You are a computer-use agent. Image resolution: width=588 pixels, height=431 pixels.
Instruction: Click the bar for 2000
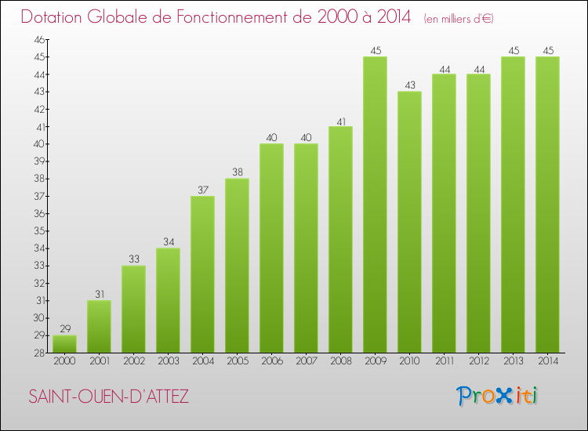(64, 344)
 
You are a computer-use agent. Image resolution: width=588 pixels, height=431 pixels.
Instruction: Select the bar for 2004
(202, 274)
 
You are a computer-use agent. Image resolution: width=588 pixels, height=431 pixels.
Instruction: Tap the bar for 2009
(375, 205)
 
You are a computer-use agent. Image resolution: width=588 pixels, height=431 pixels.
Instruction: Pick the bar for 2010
(409, 222)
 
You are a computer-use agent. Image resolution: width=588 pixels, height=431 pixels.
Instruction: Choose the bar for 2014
(547, 205)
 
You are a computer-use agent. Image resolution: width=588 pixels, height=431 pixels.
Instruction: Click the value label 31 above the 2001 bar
(99, 294)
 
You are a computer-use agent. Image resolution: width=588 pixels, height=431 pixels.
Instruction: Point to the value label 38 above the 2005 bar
(237, 172)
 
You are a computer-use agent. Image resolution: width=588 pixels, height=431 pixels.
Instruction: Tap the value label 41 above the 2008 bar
(340, 121)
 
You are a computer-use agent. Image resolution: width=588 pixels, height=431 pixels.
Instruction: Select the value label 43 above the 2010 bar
(409, 85)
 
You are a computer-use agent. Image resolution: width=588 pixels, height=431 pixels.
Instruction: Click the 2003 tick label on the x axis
(168, 361)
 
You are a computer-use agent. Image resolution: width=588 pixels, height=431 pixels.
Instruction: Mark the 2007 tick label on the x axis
(306, 361)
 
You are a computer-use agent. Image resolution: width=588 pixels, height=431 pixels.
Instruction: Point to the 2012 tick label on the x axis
(478, 361)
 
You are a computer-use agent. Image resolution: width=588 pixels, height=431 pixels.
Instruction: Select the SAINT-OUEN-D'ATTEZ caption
(108, 397)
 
